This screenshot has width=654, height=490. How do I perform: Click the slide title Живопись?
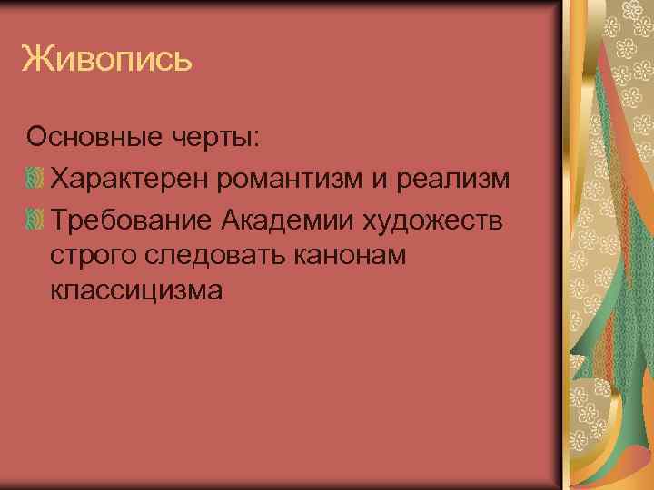[x=107, y=61]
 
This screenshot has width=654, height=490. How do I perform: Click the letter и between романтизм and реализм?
[x=378, y=179]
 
